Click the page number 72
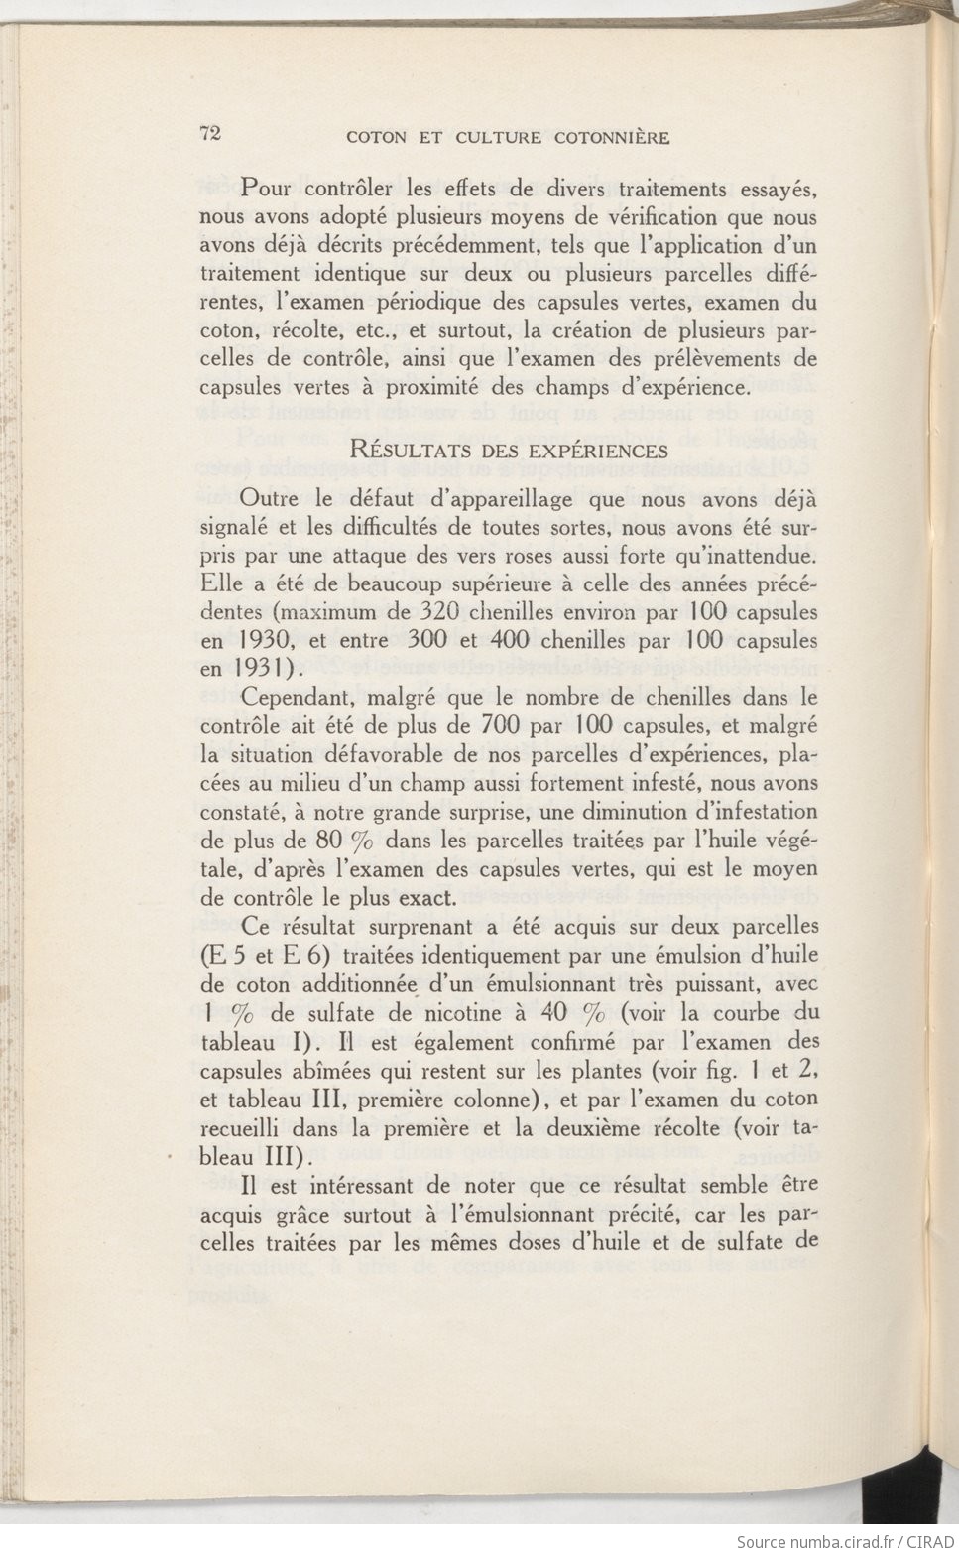(x=210, y=134)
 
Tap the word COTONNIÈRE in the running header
(x=612, y=138)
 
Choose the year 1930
(x=265, y=640)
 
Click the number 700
(x=500, y=725)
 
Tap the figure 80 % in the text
(x=343, y=841)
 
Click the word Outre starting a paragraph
(x=269, y=499)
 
